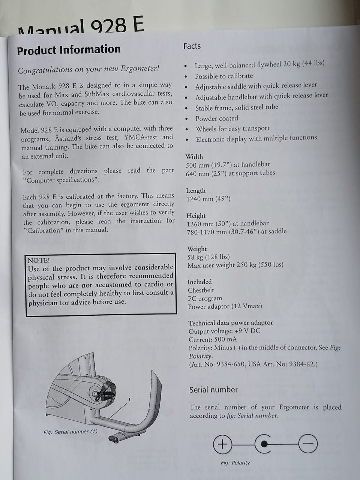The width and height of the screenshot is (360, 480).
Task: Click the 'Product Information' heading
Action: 69,50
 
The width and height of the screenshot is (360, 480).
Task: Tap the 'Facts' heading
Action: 192,46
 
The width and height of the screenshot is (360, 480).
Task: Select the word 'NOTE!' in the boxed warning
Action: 39,260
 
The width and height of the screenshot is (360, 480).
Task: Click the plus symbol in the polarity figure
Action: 222,444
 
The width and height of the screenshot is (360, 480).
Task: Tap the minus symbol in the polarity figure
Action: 308,444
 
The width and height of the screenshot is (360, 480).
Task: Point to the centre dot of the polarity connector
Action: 264,444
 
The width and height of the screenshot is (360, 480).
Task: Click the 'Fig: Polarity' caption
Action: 235,463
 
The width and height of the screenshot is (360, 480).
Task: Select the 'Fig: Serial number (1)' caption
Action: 70,432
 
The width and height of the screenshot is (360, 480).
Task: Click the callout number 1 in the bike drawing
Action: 129,399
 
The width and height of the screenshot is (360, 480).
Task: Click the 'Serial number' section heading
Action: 213,390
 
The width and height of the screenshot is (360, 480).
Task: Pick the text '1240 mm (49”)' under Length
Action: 208,199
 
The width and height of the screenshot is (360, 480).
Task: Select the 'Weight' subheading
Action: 197,249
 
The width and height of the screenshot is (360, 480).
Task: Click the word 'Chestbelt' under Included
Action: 201,290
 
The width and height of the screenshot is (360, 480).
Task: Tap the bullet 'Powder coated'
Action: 217,118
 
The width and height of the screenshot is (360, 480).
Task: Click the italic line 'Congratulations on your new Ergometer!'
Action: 88,69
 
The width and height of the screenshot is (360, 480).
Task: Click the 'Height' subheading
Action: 196,216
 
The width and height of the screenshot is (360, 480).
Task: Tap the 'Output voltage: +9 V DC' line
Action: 224,331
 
